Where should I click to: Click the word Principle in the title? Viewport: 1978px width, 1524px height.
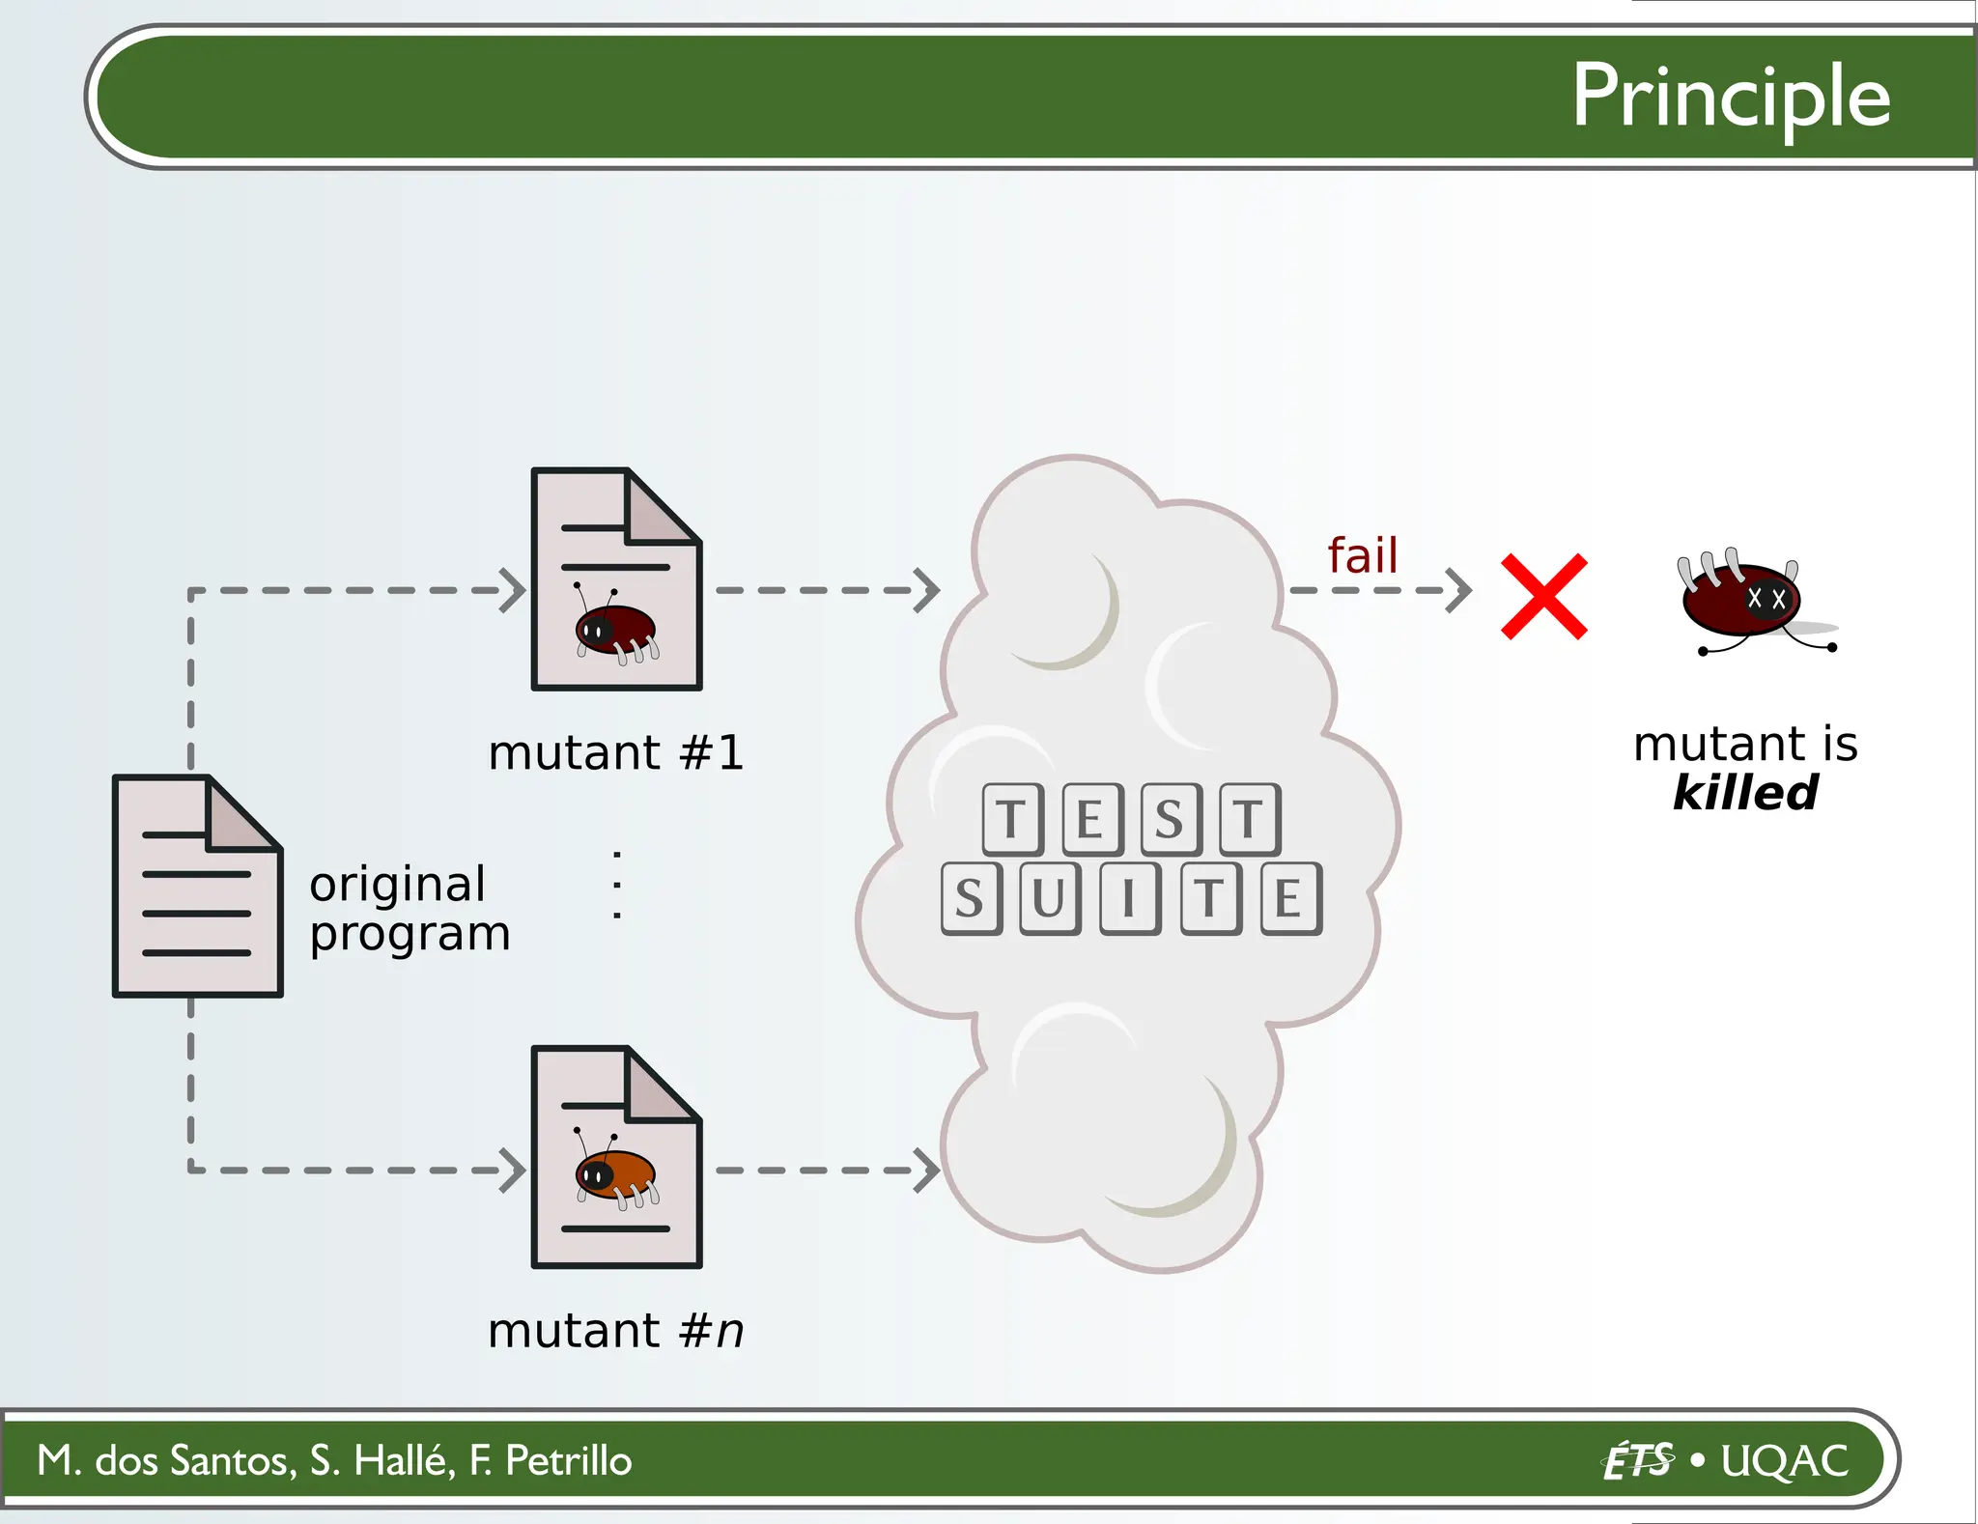click(1730, 97)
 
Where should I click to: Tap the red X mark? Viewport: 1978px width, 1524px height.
click(1543, 596)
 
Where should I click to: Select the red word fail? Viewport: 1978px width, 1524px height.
click(1362, 556)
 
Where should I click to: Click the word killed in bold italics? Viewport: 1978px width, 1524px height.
click(1744, 793)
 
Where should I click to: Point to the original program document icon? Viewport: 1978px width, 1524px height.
click(197, 886)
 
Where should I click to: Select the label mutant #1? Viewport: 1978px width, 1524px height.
click(616, 752)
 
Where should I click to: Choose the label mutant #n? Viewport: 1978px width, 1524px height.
click(616, 1331)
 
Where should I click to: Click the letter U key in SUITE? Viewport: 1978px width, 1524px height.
click(1050, 899)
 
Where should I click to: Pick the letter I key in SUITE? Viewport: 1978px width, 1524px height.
click(1129, 899)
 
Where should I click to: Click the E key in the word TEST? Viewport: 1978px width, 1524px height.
click(1091, 820)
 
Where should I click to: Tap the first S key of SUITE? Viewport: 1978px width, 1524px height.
click(971, 899)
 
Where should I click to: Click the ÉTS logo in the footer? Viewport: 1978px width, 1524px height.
click(1637, 1460)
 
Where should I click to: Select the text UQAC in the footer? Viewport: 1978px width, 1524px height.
click(1785, 1460)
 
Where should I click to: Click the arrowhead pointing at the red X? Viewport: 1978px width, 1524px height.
click(1461, 590)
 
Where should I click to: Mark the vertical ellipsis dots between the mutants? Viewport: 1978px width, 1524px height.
click(617, 885)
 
